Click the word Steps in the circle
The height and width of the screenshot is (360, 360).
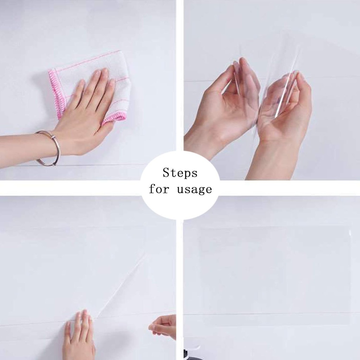(x=180, y=173)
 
